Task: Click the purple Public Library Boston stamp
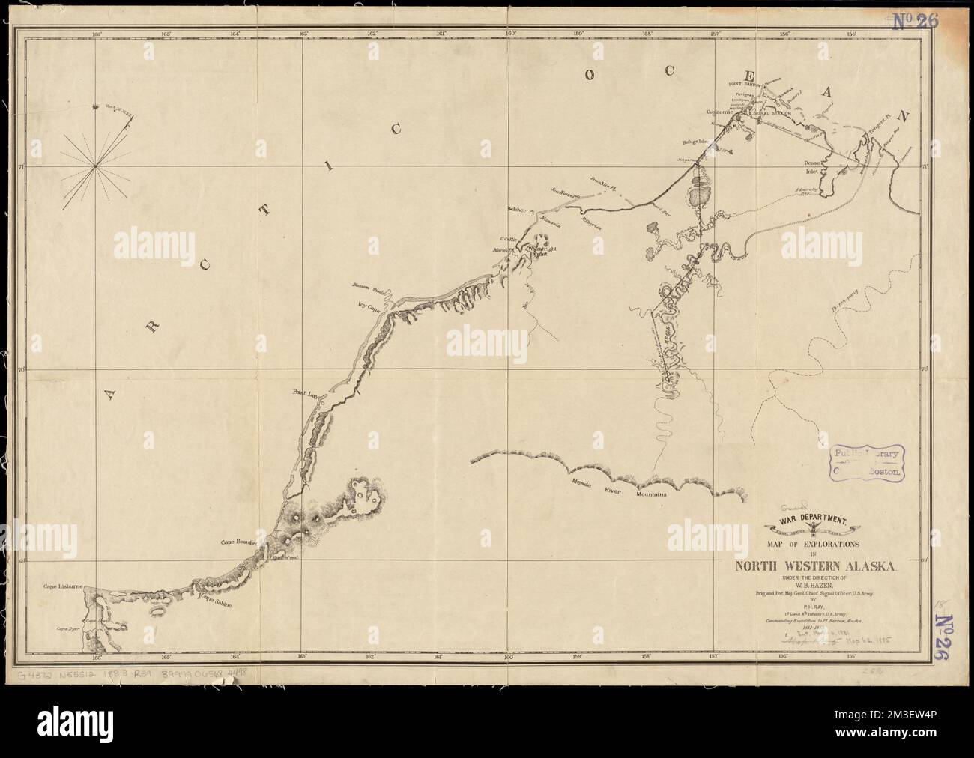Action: [x=866, y=462]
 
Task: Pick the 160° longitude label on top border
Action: [x=511, y=34]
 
